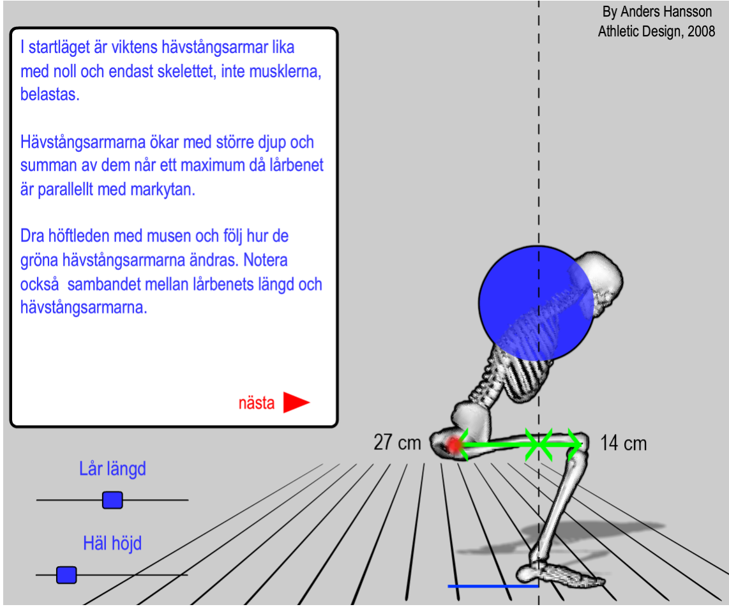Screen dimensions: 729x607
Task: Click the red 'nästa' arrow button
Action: [x=296, y=402]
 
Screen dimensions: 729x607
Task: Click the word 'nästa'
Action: [x=256, y=403]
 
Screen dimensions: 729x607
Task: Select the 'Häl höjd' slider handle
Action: [x=66, y=575]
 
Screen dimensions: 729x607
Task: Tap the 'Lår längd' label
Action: [x=112, y=468]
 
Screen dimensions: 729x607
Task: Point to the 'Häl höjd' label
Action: [x=112, y=543]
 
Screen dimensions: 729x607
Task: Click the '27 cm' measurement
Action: [x=397, y=442]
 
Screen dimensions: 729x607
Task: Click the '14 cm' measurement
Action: [x=624, y=443]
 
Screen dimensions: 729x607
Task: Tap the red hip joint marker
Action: [x=454, y=445]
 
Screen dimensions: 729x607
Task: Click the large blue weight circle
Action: [x=536, y=303]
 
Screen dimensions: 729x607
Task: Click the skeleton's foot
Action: [x=560, y=574]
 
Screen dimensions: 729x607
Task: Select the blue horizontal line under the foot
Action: [x=493, y=586]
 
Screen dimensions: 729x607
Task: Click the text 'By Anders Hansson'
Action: [x=657, y=11]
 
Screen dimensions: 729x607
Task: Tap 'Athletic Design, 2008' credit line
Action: [x=656, y=31]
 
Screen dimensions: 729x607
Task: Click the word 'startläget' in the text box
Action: [x=62, y=47]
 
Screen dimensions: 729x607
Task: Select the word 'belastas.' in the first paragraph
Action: [x=50, y=94]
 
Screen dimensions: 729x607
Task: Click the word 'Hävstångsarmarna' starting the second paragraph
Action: [x=83, y=142]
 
